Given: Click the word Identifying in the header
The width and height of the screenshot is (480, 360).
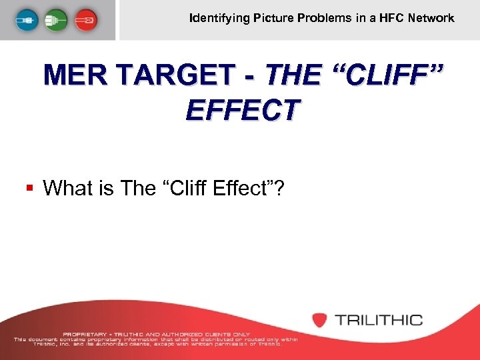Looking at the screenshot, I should [x=219, y=18].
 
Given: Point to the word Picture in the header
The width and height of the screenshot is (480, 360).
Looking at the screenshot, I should [x=273, y=18].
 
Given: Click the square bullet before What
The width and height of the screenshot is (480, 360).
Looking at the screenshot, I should [x=29, y=189].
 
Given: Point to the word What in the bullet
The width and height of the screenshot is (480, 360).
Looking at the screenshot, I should [x=67, y=189].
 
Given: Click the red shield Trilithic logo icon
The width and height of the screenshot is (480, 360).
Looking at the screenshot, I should [x=319, y=320].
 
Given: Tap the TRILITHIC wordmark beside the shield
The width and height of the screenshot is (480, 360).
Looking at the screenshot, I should [x=379, y=320].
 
